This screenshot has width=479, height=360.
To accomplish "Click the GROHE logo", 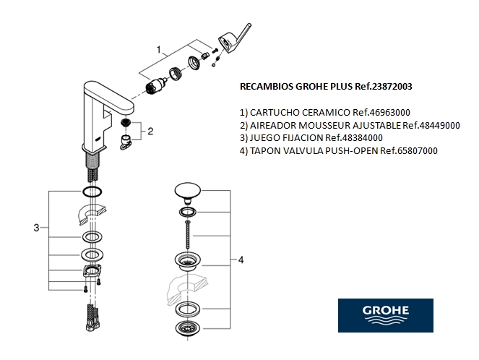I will click(x=385, y=315).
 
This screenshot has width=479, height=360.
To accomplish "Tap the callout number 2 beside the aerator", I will click(x=150, y=131).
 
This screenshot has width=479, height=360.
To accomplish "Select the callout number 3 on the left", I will click(x=36, y=228).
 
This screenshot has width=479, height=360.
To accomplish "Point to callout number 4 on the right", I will click(x=241, y=259).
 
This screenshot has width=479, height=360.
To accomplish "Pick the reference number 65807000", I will click(x=410, y=150).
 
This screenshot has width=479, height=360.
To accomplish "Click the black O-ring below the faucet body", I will click(x=92, y=192).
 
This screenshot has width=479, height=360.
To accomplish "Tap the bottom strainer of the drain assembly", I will click(x=188, y=330).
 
